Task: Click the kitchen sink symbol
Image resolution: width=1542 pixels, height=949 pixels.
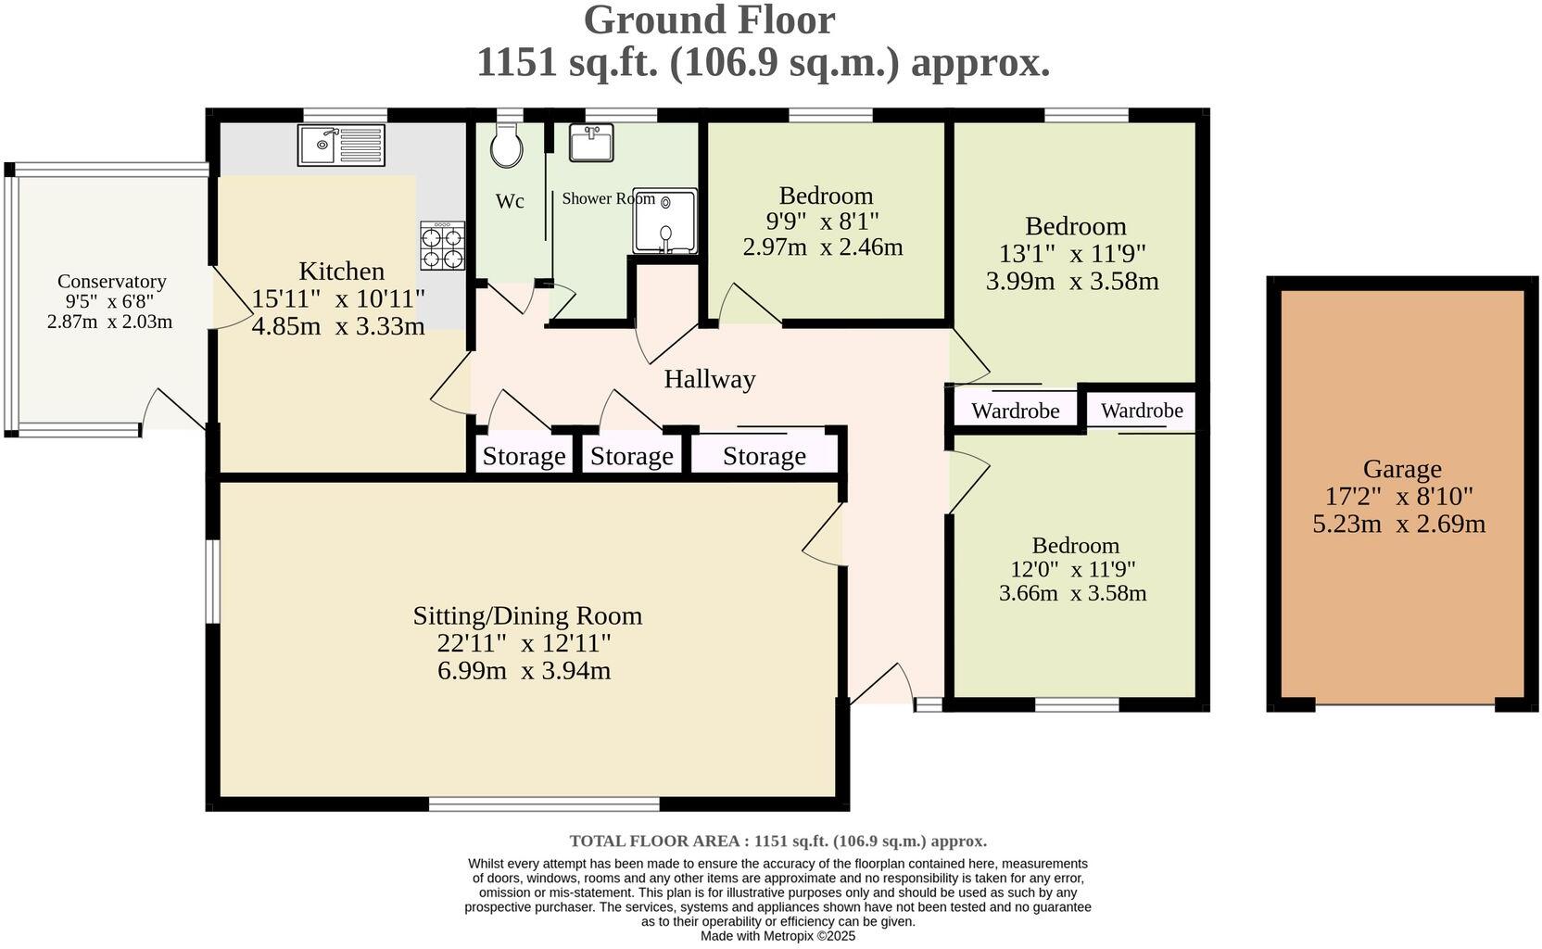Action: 341,145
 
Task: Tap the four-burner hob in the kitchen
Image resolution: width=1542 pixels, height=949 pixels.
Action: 442,246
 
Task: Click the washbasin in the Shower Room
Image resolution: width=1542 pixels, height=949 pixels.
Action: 590,144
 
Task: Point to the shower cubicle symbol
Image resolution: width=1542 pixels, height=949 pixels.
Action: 664,221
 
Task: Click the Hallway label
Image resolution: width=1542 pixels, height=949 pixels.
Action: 709,379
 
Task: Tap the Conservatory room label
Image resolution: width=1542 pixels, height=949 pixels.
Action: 111,282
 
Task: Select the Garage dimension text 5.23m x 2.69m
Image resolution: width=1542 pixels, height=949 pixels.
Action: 1398,524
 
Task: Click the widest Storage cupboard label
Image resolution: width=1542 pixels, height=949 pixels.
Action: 764,456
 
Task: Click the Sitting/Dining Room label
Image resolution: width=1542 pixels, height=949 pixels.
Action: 527,615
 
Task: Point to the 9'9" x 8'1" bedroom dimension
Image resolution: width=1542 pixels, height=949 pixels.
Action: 822,221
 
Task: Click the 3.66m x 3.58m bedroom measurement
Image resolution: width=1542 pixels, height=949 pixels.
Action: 1072,593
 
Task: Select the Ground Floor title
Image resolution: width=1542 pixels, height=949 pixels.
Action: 709,20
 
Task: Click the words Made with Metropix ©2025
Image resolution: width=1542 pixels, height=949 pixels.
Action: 777,936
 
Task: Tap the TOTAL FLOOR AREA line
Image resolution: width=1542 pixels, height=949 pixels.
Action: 777,841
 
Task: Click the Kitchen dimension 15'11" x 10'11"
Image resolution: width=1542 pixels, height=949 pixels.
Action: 338,298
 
